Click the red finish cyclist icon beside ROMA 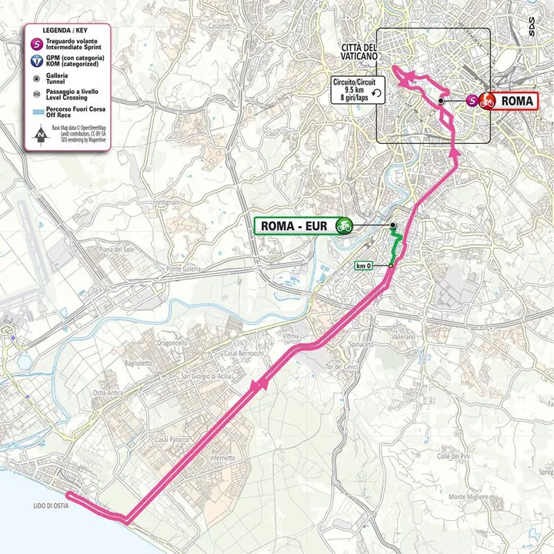tap(486, 100)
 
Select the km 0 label tap(364, 266)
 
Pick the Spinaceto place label tap(361, 344)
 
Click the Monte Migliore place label tap(468, 497)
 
